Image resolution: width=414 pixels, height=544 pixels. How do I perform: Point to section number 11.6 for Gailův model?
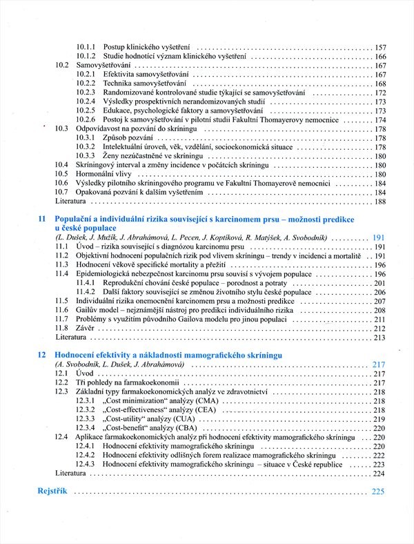(62, 311)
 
